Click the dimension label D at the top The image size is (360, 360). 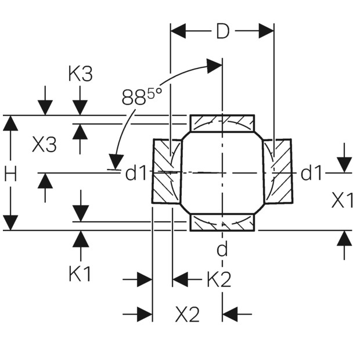pyautogui.click(x=222, y=31)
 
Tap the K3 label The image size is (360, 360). pyautogui.click(x=80, y=74)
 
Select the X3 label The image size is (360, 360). pyautogui.click(x=44, y=145)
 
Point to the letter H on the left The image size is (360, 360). pyautogui.click(x=10, y=174)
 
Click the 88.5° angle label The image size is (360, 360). pyautogui.click(x=142, y=96)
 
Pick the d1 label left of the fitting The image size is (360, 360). pyautogui.click(x=135, y=173)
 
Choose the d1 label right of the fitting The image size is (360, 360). pyautogui.click(x=311, y=173)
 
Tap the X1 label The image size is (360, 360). pyautogui.click(x=342, y=200)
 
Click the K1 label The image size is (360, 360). pyautogui.click(x=80, y=273)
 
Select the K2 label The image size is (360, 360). pyautogui.click(x=219, y=279)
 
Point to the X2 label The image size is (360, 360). pyautogui.click(x=187, y=314)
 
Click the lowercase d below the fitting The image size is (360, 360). pyautogui.click(x=222, y=249)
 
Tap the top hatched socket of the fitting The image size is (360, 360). pyautogui.click(x=222, y=123)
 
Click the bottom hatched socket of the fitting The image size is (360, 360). pyautogui.click(x=222, y=222)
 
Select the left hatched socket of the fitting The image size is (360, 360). pyautogui.click(x=167, y=171)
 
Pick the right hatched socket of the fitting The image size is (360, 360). pyautogui.click(x=278, y=171)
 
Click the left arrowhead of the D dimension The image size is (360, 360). pyautogui.click(x=178, y=31)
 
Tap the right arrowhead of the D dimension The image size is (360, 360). pyautogui.click(x=267, y=31)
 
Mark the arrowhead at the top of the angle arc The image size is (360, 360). pyautogui.click(x=214, y=66)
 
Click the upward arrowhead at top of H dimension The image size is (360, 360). pyautogui.click(x=10, y=123)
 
